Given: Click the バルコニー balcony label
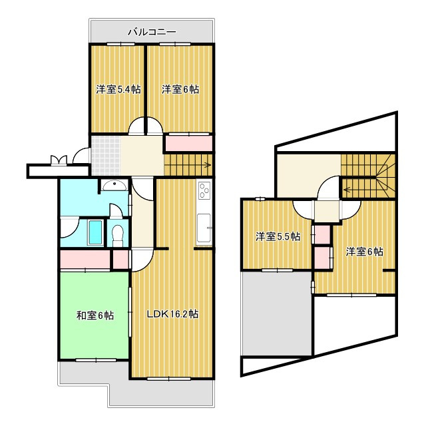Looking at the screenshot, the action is point(152,32).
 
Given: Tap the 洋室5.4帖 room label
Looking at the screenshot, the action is point(118,89).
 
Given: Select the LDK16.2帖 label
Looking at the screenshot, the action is point(173,314).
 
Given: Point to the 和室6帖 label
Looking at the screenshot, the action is point(95,316).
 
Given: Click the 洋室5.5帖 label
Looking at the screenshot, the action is point(278,237).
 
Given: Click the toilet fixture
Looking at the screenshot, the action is point(118,235).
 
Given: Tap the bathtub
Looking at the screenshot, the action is point(95,232).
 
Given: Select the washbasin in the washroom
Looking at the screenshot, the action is point(114,185).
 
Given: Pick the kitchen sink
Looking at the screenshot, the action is point(204,228).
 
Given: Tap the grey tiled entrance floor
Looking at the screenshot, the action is point(106,156).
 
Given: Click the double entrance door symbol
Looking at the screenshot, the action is point(59,160).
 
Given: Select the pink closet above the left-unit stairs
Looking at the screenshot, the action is point(189,143).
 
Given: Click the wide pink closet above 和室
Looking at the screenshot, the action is point(85,259).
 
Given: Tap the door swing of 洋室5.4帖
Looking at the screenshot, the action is point(136,126).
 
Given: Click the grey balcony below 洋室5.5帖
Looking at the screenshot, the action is point(277,313).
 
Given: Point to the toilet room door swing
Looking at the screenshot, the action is point(116,210).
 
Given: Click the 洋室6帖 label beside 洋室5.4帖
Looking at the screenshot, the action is point(180,89).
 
